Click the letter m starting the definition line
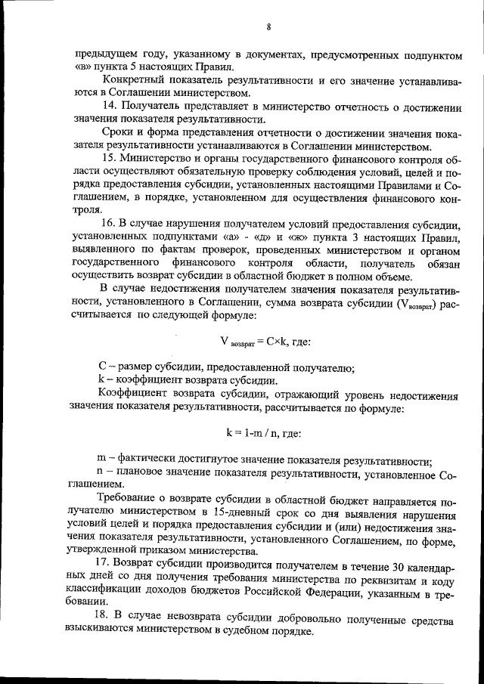(x=103, y=459)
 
